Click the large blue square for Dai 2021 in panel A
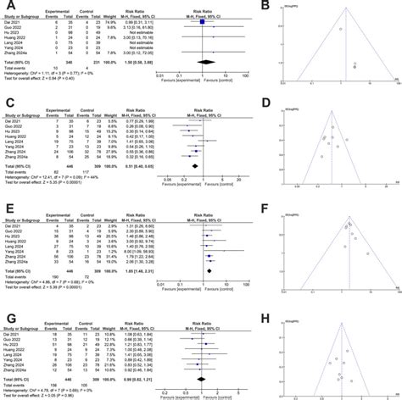204,21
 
